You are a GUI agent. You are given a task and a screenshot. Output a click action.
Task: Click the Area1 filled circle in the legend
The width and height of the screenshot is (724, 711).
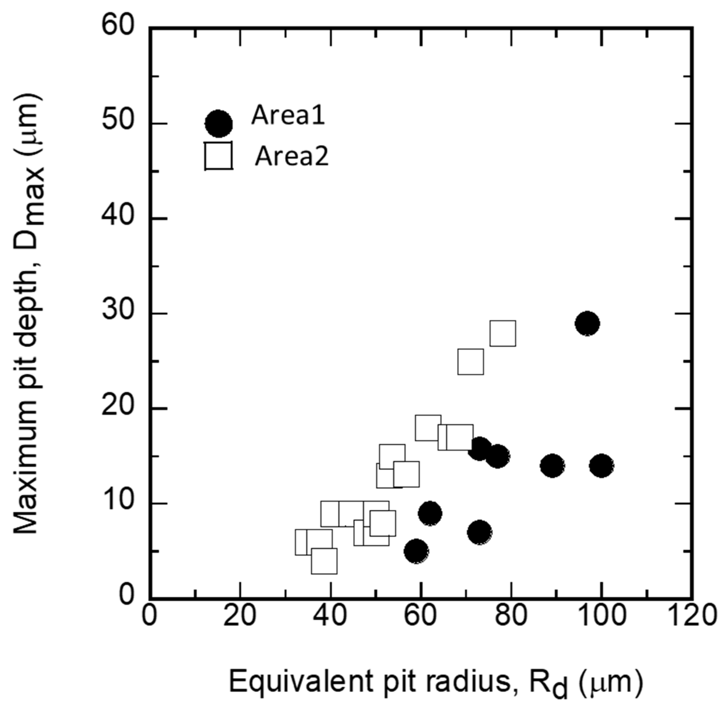click(x=218, y=124)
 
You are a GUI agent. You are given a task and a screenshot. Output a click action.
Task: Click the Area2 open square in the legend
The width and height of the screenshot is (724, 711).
click(x=218, y=155)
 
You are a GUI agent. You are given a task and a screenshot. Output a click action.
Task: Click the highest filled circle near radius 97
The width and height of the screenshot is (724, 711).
click(x=587, y=323)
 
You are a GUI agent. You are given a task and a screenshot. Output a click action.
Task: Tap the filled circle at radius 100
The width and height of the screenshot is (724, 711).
click(x=601, y=466)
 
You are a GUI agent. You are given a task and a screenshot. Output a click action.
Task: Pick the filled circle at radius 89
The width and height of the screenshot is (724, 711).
click(x=552, y=466)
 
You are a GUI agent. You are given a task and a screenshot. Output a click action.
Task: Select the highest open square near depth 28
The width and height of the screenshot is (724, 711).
click(x=503, y=333)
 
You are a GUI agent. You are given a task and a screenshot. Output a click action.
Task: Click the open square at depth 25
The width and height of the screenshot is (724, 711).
click(x=470, y=361)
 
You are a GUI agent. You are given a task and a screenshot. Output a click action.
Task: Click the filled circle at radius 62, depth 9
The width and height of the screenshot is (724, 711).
click(x=430, y=513)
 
